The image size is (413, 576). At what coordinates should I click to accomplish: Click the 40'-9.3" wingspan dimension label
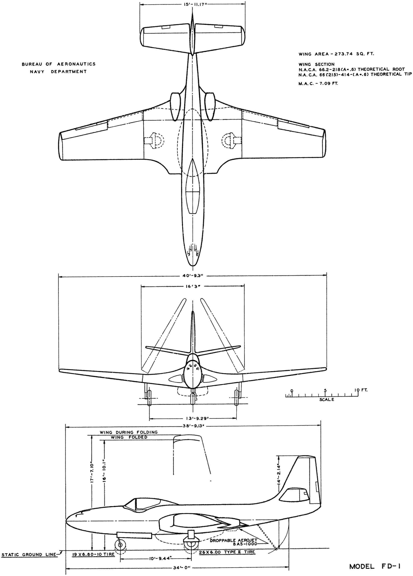point(192,275)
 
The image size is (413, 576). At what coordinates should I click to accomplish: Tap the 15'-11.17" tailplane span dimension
point(192,4)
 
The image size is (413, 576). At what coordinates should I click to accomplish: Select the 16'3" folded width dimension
point(192,286)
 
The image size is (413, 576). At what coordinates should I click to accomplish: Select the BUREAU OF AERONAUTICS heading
point(59,64)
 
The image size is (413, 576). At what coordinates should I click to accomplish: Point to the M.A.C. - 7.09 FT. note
point(318,83)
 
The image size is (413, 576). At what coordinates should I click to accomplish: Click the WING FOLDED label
point(129,437)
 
